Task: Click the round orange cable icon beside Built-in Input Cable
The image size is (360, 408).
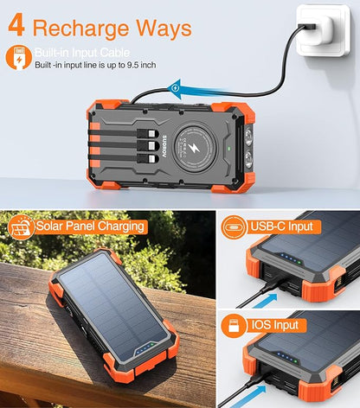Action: coord(17,59)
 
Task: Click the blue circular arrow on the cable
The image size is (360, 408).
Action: coord(177,86)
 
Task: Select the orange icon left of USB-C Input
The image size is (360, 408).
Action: coord(234,226)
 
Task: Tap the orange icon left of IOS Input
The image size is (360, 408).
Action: coord(234,325)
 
